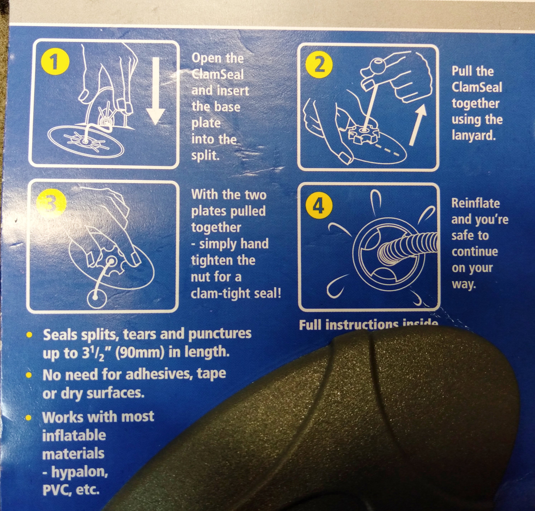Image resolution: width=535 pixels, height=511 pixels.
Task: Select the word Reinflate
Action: click(x=475, y=203)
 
